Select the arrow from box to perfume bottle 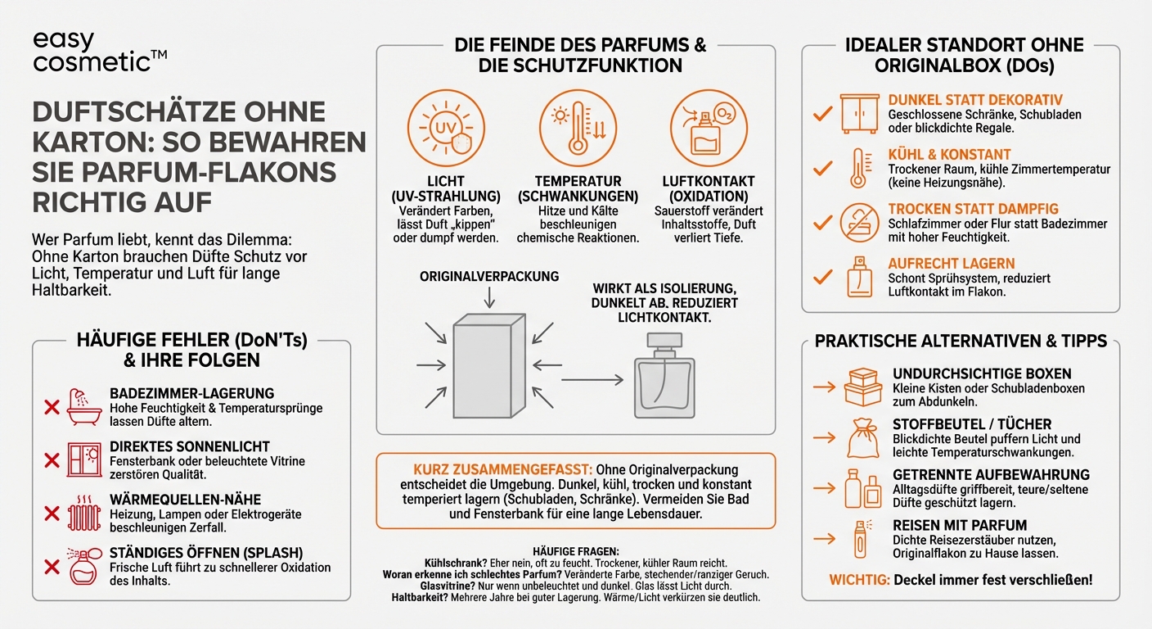click(x=592, y=379)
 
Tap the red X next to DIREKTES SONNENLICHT click(x=52, y=460)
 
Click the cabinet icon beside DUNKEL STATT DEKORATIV click(x=859, y=114)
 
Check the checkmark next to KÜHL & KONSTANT click(x=821, y=168)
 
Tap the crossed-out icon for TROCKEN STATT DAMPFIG click(x=859, y=223)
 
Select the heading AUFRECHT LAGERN click(x=951, y=264)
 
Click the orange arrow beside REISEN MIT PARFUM click(x=824, y=538)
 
